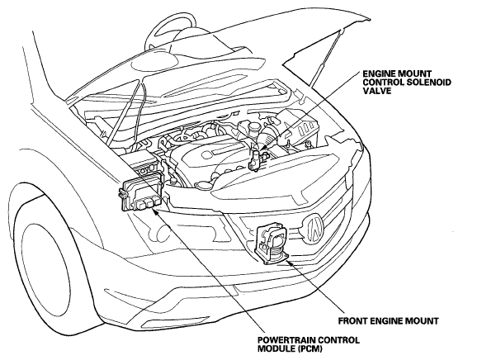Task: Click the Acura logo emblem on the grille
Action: tap(314, 229)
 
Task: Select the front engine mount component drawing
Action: tap(272, 244)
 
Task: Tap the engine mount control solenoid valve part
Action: tap(256, 159)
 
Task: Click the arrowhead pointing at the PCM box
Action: tap(154, 211)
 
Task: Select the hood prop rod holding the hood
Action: tap(327, 56)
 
